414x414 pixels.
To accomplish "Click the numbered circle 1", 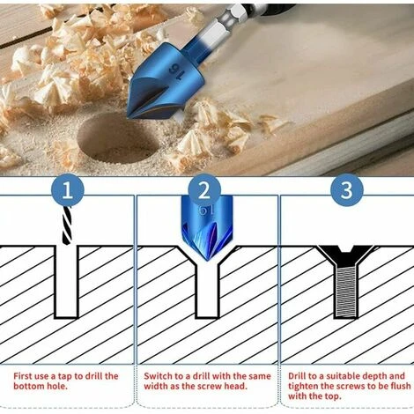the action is pos(68,190).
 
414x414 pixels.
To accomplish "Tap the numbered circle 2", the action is pos(204,190).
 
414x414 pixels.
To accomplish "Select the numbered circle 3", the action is pos(347,190).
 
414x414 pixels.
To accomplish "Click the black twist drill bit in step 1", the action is pos(67,225).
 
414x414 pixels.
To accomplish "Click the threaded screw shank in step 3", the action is pos(346,292).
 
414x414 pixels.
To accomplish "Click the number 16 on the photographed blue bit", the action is pos(176,72).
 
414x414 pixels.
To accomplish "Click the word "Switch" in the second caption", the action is pos(158,376).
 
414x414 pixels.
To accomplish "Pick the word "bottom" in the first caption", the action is pos(29,386).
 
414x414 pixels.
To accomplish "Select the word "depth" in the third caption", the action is pos(375,377).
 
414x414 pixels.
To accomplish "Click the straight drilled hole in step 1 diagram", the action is pos(67,282).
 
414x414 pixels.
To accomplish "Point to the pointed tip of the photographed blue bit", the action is pos(128,116).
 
